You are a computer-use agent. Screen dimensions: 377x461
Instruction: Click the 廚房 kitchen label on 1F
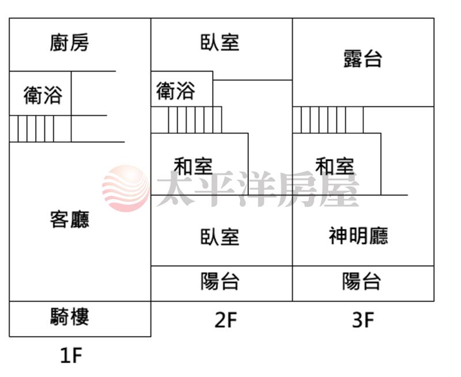tap(70, 43)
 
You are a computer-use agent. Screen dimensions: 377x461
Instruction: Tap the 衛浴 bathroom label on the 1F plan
tap(43, 95)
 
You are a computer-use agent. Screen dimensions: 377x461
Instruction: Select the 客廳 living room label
tap(70, 220)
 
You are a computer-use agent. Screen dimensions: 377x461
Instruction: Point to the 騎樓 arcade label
tap(70, 316)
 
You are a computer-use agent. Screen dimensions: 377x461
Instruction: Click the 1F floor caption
tap(71, 356)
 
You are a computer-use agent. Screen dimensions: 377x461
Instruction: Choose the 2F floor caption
tap(226, 320)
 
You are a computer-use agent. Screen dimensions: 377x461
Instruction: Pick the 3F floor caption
tap(363, 320)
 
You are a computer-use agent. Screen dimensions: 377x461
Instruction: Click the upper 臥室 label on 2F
tap(220, 43)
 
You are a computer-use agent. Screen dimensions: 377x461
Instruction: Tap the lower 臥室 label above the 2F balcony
tap(220, 236)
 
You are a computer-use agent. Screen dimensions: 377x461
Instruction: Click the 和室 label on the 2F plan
tap(194, 167)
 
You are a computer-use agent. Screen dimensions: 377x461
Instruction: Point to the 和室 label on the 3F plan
tap(335, 167)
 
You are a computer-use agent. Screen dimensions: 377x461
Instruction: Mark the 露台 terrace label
tap(363, 58)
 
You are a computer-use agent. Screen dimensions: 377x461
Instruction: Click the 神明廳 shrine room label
tap(358, 236)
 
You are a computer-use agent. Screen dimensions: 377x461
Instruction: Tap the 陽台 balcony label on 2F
tap(220, 282)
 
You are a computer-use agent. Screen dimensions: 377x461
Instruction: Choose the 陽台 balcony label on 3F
tap(362, 282)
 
